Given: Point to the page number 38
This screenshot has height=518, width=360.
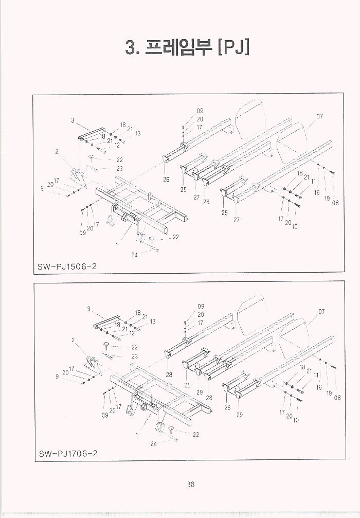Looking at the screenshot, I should click(x=190, y=484).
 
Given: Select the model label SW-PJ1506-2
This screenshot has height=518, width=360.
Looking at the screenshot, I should click(x=67, y=266).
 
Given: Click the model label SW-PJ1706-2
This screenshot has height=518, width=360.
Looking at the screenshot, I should click(x=68, y=454).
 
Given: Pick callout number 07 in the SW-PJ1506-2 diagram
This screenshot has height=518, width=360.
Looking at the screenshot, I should click(x=319, y=116).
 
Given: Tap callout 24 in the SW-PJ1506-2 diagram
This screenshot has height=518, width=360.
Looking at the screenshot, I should click(x=134, y=254).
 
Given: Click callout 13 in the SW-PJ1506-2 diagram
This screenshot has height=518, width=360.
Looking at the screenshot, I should click(x=138, y=134).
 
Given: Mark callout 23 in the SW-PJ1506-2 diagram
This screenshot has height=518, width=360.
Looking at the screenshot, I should click(x=120, y=168).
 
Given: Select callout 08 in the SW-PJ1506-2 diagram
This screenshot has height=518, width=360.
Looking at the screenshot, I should click(x=335, y=202).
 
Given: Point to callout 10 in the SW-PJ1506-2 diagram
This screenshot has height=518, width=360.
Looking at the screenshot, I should click(x=295, y=226).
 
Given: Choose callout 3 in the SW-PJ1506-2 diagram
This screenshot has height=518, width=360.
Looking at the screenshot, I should click(x=73, y=120).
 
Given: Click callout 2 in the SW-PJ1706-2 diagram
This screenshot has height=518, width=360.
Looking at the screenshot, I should click(x=73, y=340).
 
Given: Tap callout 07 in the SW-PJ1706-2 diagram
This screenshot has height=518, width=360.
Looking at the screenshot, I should click(x=321, y=311).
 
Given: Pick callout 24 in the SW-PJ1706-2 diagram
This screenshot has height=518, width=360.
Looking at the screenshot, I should click(x=153, y=443).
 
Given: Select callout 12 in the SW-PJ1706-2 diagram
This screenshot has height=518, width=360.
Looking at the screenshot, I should click(x=132, y=333).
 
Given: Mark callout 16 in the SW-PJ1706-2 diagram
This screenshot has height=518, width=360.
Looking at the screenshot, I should click(x=319, y=387).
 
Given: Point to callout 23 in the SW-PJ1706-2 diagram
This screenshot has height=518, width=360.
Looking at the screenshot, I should click(x=135, y=356).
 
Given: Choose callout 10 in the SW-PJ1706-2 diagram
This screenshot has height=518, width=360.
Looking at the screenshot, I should click(x=296, y=420).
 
